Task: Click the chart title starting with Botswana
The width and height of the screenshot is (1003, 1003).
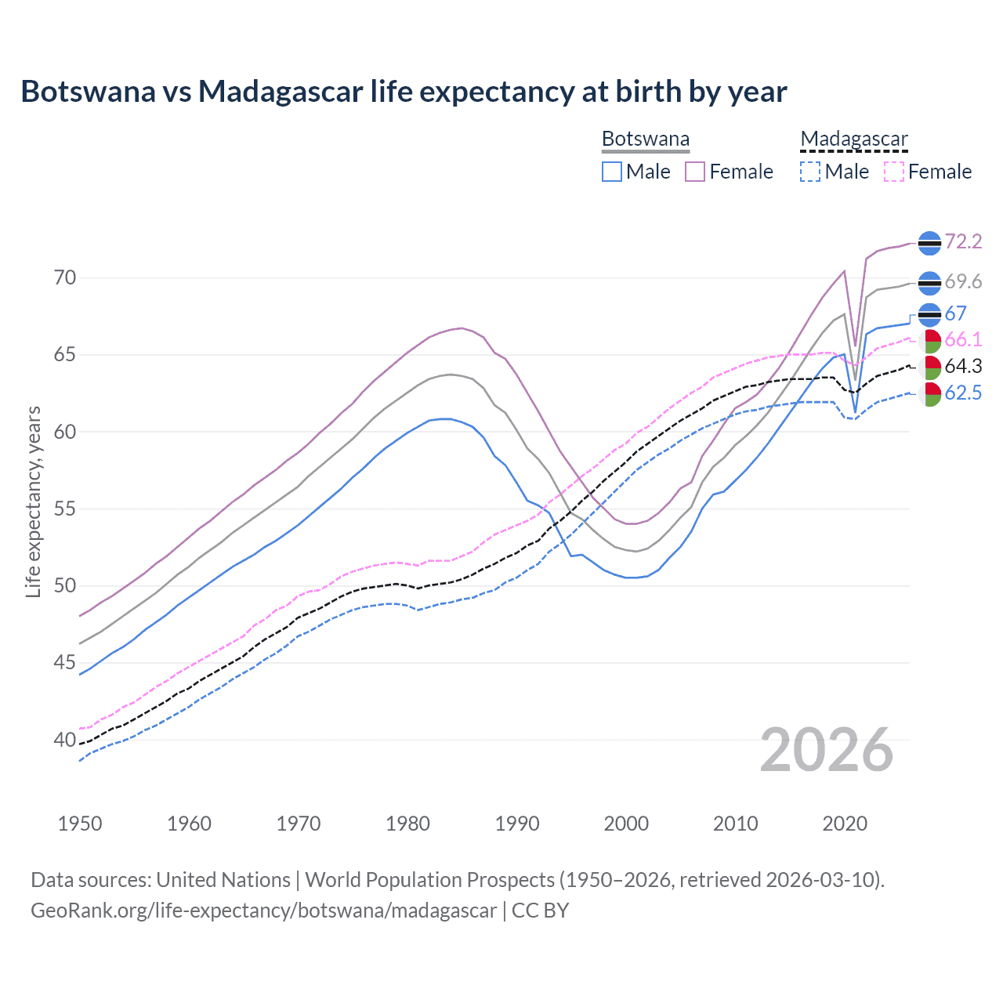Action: coord(404,92)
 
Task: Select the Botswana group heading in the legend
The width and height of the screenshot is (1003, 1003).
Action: coord(646,139)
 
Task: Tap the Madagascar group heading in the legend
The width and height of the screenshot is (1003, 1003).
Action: coord(853,139)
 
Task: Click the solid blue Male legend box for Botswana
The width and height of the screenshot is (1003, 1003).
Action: coord(612,172)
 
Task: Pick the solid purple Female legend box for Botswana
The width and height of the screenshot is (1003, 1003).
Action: coord(695,172)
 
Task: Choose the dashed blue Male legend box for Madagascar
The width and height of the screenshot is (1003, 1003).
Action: coord(810,172)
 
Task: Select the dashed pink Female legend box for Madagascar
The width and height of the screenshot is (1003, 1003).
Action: coord(894,172)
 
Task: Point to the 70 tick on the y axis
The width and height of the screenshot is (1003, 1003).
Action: coord(66,278)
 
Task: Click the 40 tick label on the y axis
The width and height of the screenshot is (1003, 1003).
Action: coord(66,740)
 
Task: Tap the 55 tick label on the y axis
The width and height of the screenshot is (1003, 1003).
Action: coord(66,509)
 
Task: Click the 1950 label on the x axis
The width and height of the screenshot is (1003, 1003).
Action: coord(80,824)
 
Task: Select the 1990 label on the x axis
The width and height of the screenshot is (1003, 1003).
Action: coord(517,824)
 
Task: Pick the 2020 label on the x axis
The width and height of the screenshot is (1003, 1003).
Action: coord(845,824)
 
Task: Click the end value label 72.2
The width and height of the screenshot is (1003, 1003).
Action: coord(963,242)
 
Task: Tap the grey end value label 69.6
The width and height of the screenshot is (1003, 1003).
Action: coord(963,282)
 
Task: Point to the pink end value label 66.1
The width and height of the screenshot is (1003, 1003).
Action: coord(963,340)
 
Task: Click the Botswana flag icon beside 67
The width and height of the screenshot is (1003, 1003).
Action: coord(929,314)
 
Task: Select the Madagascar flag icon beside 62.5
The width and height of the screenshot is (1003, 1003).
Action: coord(929,394)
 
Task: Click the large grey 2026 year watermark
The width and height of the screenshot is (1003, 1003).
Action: coord(827,750)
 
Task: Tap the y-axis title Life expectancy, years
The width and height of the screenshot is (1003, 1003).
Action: coord(33,501)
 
